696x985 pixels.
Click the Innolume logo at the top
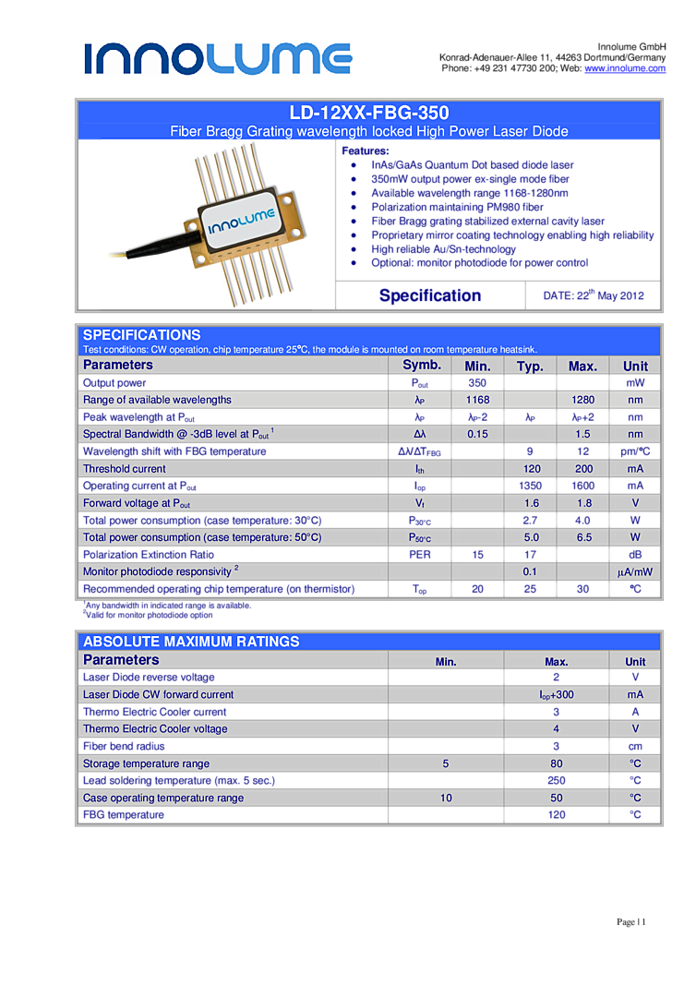218,58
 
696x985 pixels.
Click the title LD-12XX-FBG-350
368,113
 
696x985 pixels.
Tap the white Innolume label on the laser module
238,221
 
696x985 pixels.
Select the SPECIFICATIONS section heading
141,335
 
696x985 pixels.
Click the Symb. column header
421,365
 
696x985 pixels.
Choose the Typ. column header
530,366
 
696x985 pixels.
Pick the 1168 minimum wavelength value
477,400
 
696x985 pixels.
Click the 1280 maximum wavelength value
582,400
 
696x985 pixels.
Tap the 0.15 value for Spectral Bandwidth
477,434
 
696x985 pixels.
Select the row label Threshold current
125,469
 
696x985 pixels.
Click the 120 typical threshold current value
531,469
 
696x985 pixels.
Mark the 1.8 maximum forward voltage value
582,503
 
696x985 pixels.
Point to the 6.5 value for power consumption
582,537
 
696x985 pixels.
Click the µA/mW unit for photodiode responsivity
635,572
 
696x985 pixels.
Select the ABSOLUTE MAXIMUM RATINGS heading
191,642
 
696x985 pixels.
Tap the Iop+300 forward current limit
557,694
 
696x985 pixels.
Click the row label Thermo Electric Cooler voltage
155,729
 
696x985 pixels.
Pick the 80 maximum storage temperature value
557,763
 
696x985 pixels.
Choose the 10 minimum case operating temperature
446,798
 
